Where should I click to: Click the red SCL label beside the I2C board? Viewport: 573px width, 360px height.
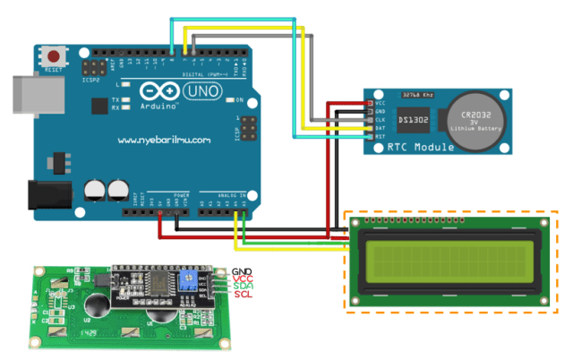[x=243, y=295]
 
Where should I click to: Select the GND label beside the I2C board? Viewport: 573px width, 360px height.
[x=243, y=270]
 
